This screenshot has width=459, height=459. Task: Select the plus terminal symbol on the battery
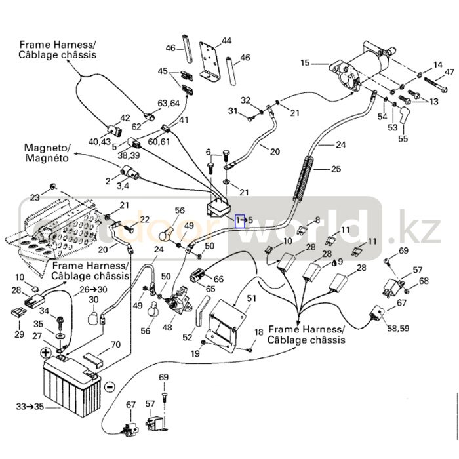47,353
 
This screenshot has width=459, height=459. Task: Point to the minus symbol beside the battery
110,386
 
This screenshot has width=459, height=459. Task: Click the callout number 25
336,170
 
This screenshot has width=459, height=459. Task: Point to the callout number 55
403,139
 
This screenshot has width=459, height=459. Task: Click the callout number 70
115,344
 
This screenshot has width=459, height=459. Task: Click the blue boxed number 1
240,220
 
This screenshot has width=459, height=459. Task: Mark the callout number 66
218,279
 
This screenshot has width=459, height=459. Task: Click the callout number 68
424,281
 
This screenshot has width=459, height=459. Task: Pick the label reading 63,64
169,103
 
